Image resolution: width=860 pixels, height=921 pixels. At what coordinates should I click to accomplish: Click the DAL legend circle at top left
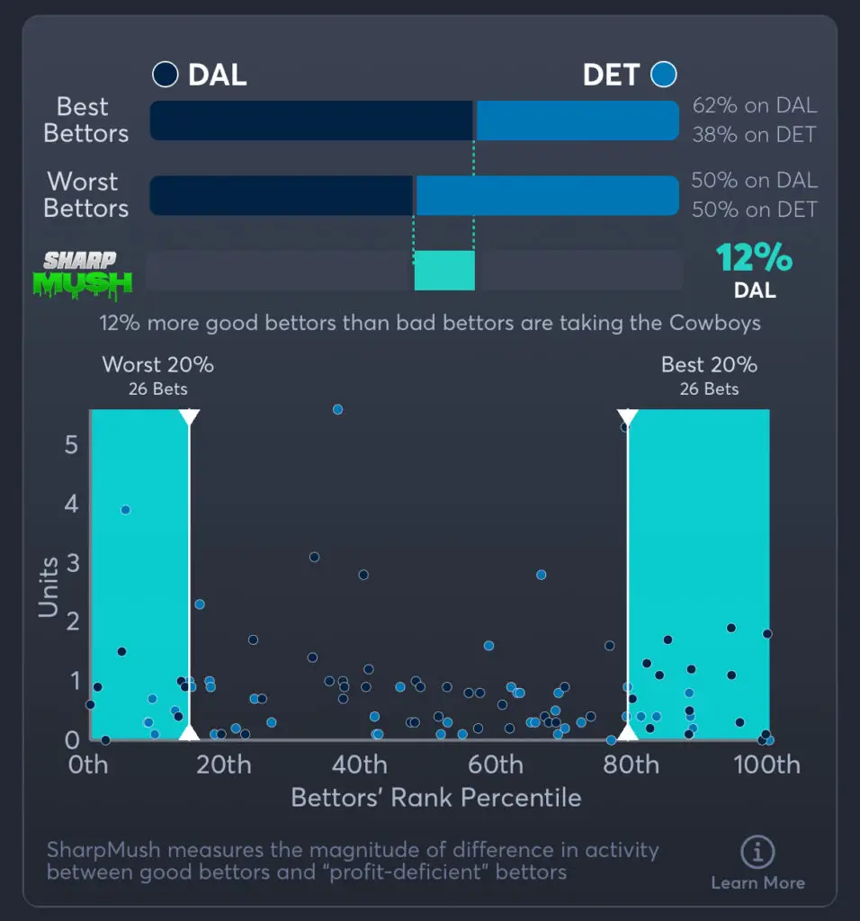[165, 75]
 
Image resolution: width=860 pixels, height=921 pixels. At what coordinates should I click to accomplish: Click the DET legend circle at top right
[664, 75]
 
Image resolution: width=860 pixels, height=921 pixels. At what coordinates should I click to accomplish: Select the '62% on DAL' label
[754, 105]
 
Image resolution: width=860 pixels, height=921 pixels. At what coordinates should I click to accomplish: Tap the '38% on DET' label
[754, 135]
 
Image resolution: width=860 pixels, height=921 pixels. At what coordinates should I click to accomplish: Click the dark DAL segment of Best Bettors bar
[310, 121]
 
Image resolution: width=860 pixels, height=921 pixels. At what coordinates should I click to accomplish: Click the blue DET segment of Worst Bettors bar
[547, 195]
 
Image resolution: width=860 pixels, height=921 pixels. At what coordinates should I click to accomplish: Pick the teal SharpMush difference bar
[444, 271]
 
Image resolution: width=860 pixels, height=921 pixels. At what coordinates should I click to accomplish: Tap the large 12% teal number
[754, 259]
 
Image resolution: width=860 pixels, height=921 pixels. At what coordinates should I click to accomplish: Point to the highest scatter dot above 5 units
[337, 409]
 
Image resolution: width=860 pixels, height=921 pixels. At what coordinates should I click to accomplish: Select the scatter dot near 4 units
[126, 510]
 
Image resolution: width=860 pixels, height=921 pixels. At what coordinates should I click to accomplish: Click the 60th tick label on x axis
[496, 765]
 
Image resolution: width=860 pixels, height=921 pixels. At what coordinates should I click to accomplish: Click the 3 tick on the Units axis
[72, 564]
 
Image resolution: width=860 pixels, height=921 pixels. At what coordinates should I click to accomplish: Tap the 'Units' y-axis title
[49, 586]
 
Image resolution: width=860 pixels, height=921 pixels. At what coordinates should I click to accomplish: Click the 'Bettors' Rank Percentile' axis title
[436, 798]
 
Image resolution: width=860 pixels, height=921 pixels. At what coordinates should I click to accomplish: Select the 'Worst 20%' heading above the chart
[158, 364]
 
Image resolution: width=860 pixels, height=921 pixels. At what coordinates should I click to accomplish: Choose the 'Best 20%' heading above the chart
[709, 364]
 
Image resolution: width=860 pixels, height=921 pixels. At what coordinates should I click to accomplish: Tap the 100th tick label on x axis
[766, 765]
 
